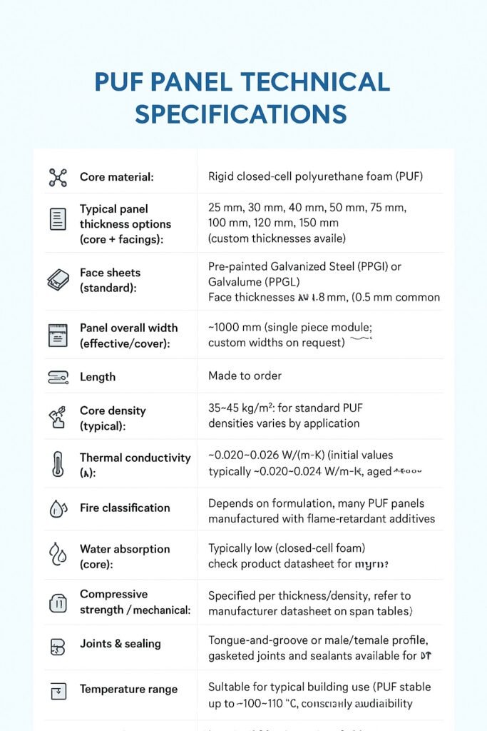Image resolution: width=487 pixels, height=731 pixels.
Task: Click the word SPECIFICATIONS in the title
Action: click(241, 114)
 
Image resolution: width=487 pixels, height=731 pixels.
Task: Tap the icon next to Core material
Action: click(58, 177)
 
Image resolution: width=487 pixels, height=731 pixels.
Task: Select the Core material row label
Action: click(116, 177)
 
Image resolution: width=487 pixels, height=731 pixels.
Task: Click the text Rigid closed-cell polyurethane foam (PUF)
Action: click(316, 176)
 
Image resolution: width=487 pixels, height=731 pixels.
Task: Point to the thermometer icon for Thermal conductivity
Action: click(58, 463)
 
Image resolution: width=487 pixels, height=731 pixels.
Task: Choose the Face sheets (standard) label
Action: click(110, 280)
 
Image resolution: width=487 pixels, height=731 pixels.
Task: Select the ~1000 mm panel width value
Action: click(234, 328)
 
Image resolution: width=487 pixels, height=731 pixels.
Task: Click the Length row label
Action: click(98, 376)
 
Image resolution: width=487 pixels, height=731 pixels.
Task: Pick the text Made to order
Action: click(245, 375)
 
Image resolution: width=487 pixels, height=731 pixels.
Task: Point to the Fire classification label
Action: click(125, 508)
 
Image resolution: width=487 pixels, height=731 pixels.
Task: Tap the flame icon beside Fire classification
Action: click(58, 508)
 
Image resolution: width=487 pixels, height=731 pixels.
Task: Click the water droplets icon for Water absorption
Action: click(58, 555)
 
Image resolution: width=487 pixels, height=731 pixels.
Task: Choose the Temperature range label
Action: click(128, 690)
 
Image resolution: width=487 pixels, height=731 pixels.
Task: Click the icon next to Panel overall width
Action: click(58, 335)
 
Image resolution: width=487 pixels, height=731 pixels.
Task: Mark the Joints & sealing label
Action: click(121, 644)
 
